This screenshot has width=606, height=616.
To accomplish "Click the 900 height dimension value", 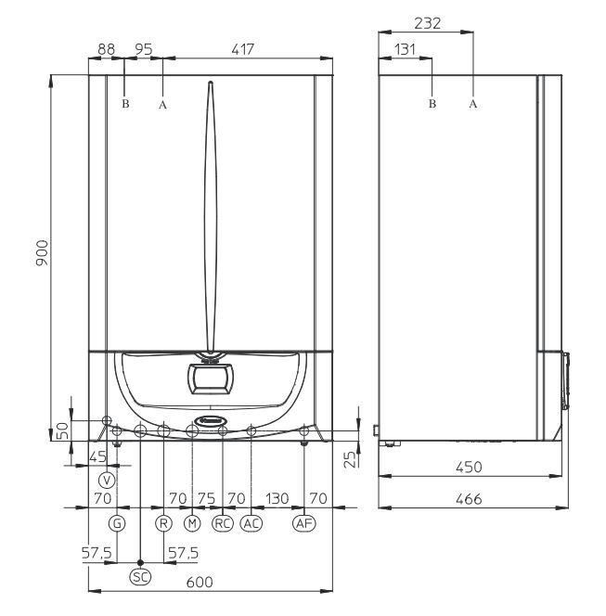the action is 42,252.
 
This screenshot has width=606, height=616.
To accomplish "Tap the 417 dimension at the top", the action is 243,49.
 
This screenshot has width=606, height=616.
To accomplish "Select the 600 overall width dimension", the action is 200,582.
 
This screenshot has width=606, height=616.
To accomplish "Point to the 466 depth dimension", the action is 469,499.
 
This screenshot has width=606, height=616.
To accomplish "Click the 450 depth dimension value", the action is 469,468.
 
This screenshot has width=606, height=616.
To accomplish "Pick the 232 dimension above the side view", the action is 428,23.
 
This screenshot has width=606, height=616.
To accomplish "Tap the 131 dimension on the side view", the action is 405,49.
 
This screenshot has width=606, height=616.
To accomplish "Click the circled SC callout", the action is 140,577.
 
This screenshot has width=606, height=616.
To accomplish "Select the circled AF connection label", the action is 304,523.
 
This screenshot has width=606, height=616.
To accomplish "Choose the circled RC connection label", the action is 223,523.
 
